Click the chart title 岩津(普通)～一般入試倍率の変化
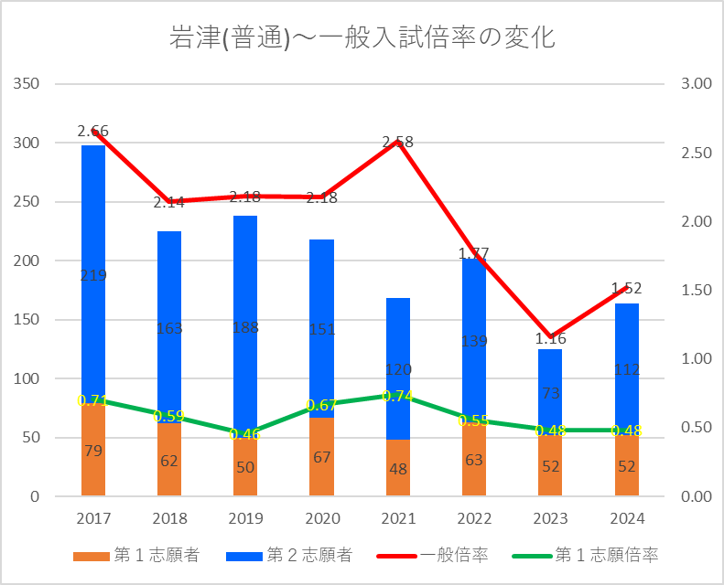(362, 38)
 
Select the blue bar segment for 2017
(93, 229)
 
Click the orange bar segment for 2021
(397, 468)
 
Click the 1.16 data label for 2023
(549, 339)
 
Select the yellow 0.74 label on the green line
(397, 396)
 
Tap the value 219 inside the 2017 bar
(93, 274)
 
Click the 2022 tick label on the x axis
(473, 518)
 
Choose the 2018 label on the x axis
(169, 518)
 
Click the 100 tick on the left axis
(28, 378)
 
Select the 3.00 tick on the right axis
(697, 84)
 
